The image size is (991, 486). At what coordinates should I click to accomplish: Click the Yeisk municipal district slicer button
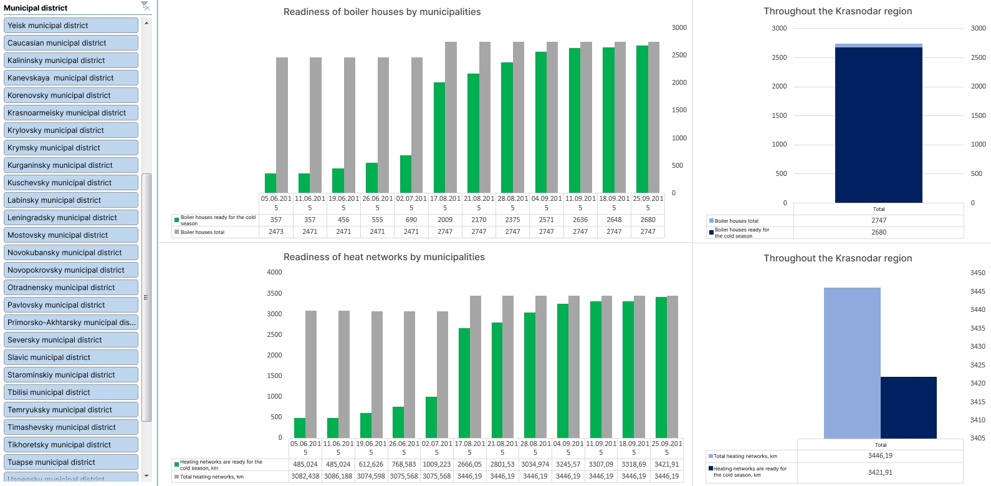[72, 26]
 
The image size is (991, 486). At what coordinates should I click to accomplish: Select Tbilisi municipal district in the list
[72, 392]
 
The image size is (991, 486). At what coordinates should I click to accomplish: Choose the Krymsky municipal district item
[72, 148]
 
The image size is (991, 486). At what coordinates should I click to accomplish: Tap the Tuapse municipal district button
[72, 462]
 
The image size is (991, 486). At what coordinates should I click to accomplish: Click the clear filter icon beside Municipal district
[145, 6]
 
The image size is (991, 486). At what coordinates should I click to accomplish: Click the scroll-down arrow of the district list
[146, 476]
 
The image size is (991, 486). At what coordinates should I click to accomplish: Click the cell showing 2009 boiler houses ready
[445, 220]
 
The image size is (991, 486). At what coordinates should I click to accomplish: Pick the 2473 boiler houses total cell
[276, 231]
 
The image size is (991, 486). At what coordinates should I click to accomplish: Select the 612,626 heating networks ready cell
[371, 464]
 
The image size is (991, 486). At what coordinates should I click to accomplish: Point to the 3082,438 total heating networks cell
[305, 476]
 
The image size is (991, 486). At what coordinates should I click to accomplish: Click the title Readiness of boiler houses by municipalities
[382, 12]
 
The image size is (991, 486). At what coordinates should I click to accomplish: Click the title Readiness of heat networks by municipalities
[384, 257]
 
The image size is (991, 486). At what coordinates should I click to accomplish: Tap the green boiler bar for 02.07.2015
[406, 174]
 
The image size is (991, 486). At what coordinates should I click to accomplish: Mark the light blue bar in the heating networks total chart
[852, 362]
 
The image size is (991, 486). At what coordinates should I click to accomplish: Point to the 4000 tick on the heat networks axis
[274, 272]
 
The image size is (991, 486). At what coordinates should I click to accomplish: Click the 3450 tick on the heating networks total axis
[978, 273]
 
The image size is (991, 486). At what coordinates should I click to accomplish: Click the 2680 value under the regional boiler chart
[879, 232]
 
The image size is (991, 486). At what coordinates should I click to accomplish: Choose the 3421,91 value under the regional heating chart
[880, 472]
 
